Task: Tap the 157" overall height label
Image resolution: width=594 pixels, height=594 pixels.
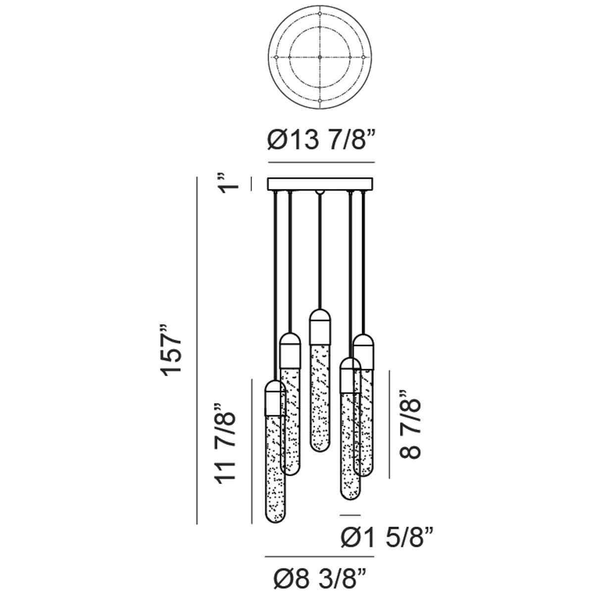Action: tap(171, 350)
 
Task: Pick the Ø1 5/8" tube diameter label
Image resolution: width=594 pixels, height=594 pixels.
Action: tap(388, 537)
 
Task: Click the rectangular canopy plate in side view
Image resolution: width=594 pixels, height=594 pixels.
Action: tap(320, 184)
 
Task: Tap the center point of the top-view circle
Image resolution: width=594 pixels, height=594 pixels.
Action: tap(320, 57)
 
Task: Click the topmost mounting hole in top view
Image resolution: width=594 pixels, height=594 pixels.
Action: tap(320, 13)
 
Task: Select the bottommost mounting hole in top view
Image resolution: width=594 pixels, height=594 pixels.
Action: tap(320, 101)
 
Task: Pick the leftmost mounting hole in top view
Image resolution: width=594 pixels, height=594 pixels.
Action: tap(276, 57)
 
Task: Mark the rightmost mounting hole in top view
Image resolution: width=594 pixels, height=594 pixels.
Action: tap(363, 57)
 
